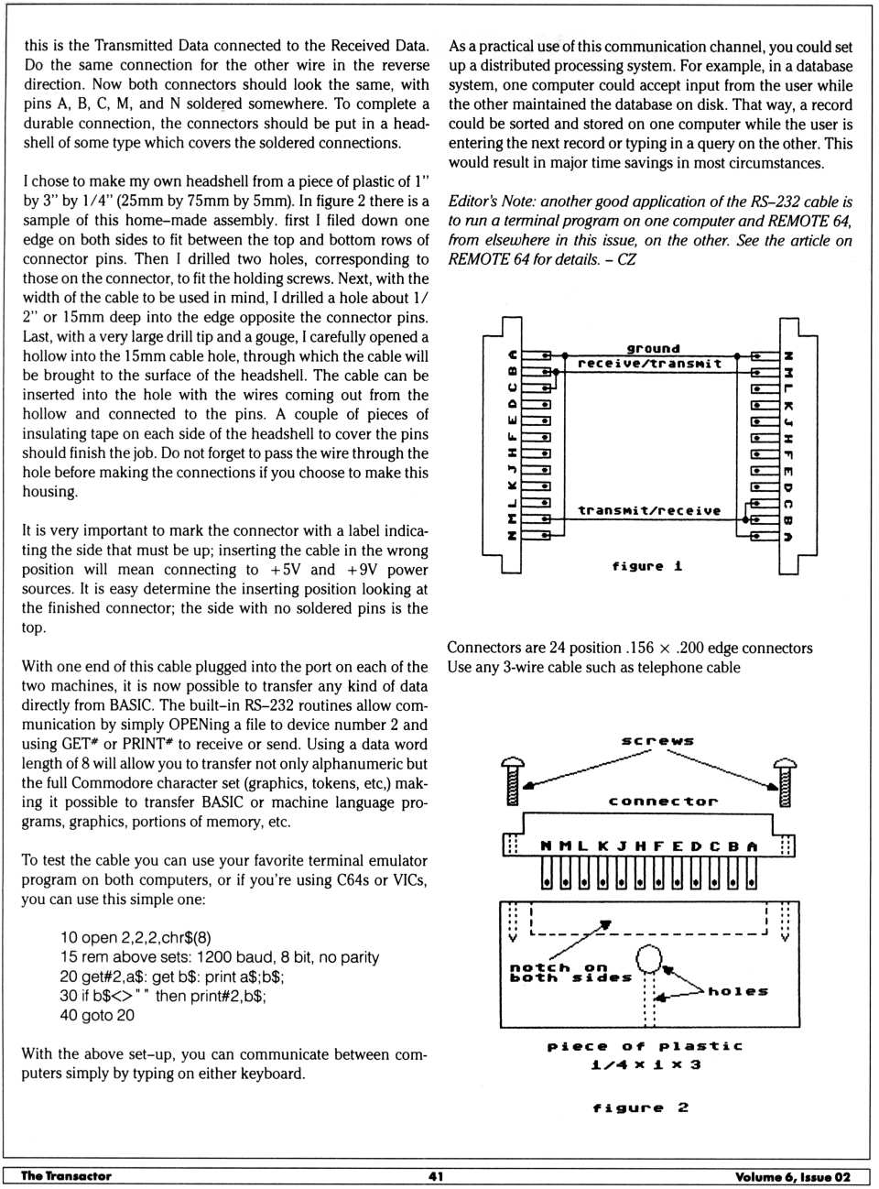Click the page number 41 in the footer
pyautogui.click(x=436, y=1176)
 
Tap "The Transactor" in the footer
pyautogui.click(x=66, y=1176)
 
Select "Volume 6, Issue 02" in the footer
pyautogui.click(x=792, y=1177)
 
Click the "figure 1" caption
pyautogui.click(x=647, y=566)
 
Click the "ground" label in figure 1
pyautogui.click(x=653, y=348)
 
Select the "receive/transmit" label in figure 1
pyautogui.click(x=649, y=364)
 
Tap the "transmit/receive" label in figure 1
pyautogui.click(x=649, y=510)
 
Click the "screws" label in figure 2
pyautogui.click(x=657, y=740)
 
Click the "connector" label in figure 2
pyautogui.click(x=663, y=802)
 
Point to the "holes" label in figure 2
pyautogui.click(x=738, y=991)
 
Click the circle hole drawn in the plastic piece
pyautogui.click(x=649, y=958)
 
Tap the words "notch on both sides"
pyautogui.click(x=570, y=973)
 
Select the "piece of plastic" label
pyautogui.click(x=645, y=1046)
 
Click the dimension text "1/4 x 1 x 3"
pyautogui.click(x=646, y=1064)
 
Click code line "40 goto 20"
pyautogui.click(x=97, y=1015)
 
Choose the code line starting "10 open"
pyautogui.click(x=136, y=937)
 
